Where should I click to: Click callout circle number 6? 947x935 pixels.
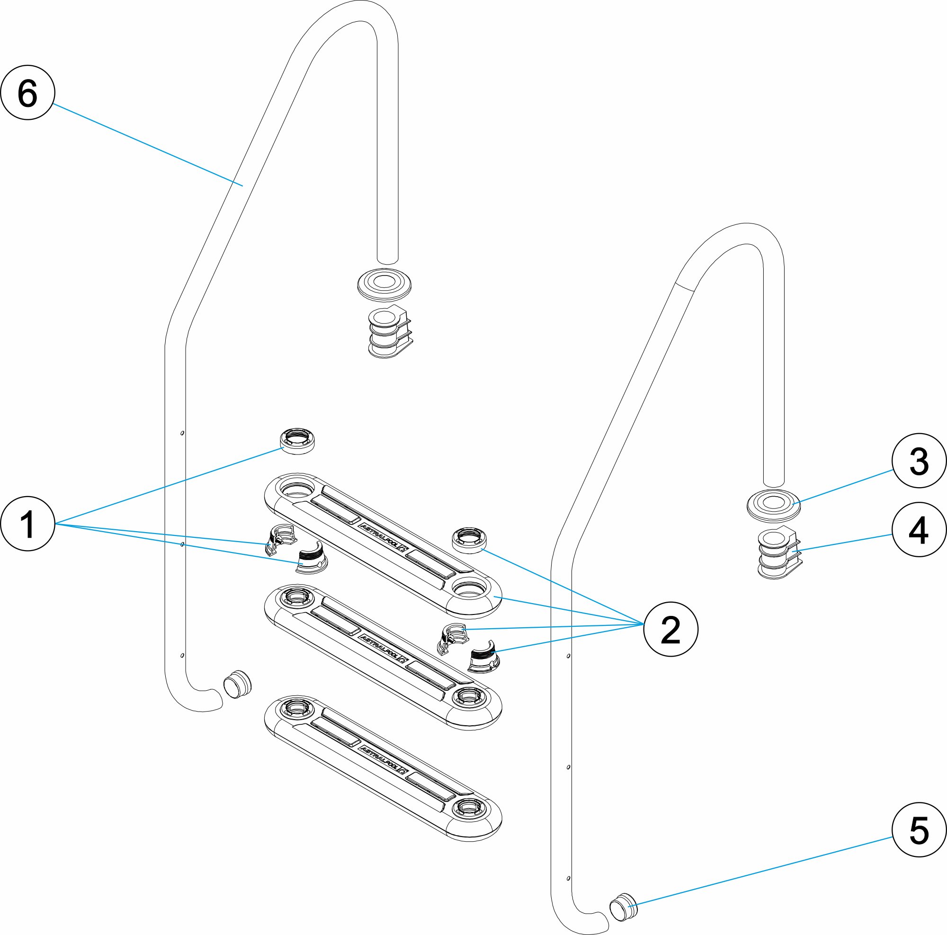click(x=27, y=93)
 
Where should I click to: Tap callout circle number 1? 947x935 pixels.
click(x=27, y=525)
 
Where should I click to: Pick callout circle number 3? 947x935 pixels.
click(x=919, y=461)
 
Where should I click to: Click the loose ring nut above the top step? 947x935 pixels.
click(x=297, y=441)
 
